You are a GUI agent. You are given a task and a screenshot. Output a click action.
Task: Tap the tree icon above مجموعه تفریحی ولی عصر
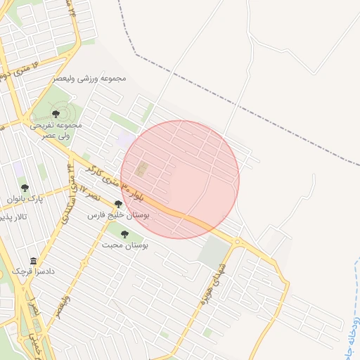56,113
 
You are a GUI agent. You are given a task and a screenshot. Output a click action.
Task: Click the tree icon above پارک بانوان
25,188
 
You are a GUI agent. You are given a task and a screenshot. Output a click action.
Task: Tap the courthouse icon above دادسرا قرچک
32,260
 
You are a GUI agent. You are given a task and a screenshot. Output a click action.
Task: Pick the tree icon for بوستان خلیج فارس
118,204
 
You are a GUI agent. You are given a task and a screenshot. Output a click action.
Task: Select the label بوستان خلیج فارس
118,215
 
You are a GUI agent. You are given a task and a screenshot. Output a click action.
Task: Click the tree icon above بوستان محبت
124,234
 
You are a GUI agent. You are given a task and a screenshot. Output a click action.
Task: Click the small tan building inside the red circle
142,169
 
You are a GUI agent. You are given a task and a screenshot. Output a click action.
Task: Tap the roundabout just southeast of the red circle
238,242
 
